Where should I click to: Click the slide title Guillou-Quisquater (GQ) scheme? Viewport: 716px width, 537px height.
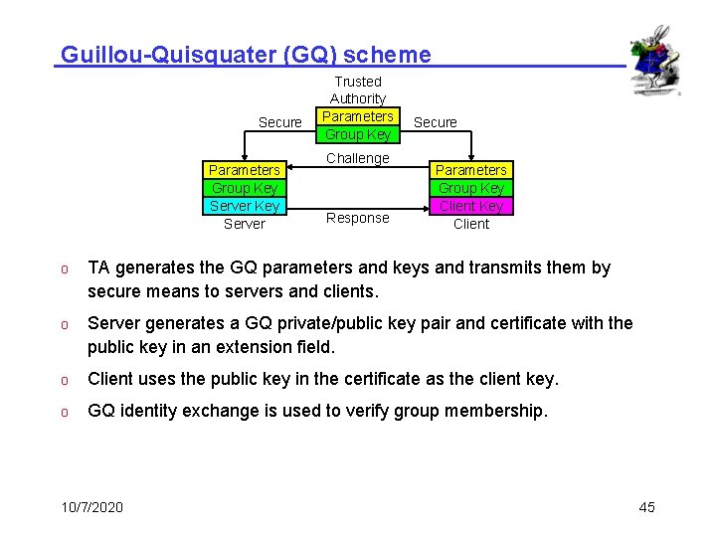(x=246, y=55)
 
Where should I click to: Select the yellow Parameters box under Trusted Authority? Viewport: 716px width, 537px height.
(x=358, y=116)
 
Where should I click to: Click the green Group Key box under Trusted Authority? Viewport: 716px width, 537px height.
(x=358, y=134)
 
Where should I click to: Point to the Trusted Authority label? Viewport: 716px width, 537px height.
(x=358, y=89)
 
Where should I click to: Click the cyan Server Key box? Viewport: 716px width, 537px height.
(x=245, y=206)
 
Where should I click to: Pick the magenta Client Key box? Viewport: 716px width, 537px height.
(x=471, y=206)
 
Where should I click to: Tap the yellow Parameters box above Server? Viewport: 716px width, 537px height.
(x=245, y=170)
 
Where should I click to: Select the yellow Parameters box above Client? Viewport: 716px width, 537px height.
(x=471, y=170)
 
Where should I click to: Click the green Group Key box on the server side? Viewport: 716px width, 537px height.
(x=245, y=188)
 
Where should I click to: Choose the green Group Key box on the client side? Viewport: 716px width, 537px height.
(x=471, y=188)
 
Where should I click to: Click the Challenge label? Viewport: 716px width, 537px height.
(x=358, y=158)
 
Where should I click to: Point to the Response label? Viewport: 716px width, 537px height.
(x=358, y=218)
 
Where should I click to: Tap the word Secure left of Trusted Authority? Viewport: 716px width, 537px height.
(x=280, y=122)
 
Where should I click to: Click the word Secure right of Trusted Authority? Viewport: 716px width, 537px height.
(x=436, y=122)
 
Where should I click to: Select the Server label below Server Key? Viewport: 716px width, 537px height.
(x=245, y=224)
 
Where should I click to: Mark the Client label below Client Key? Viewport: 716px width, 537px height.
(x=471, y=224)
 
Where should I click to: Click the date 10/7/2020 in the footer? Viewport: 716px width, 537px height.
(x=92, y=507)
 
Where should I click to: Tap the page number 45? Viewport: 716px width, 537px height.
(x=646, y=507)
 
